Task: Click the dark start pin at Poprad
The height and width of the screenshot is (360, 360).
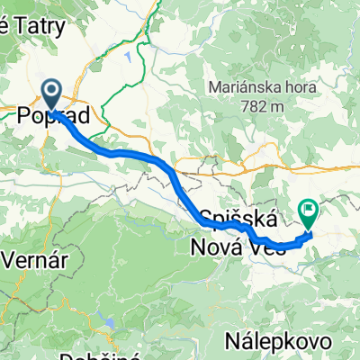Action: (x=49, y=93)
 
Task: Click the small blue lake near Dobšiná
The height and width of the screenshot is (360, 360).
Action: (x=110, y=321)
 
